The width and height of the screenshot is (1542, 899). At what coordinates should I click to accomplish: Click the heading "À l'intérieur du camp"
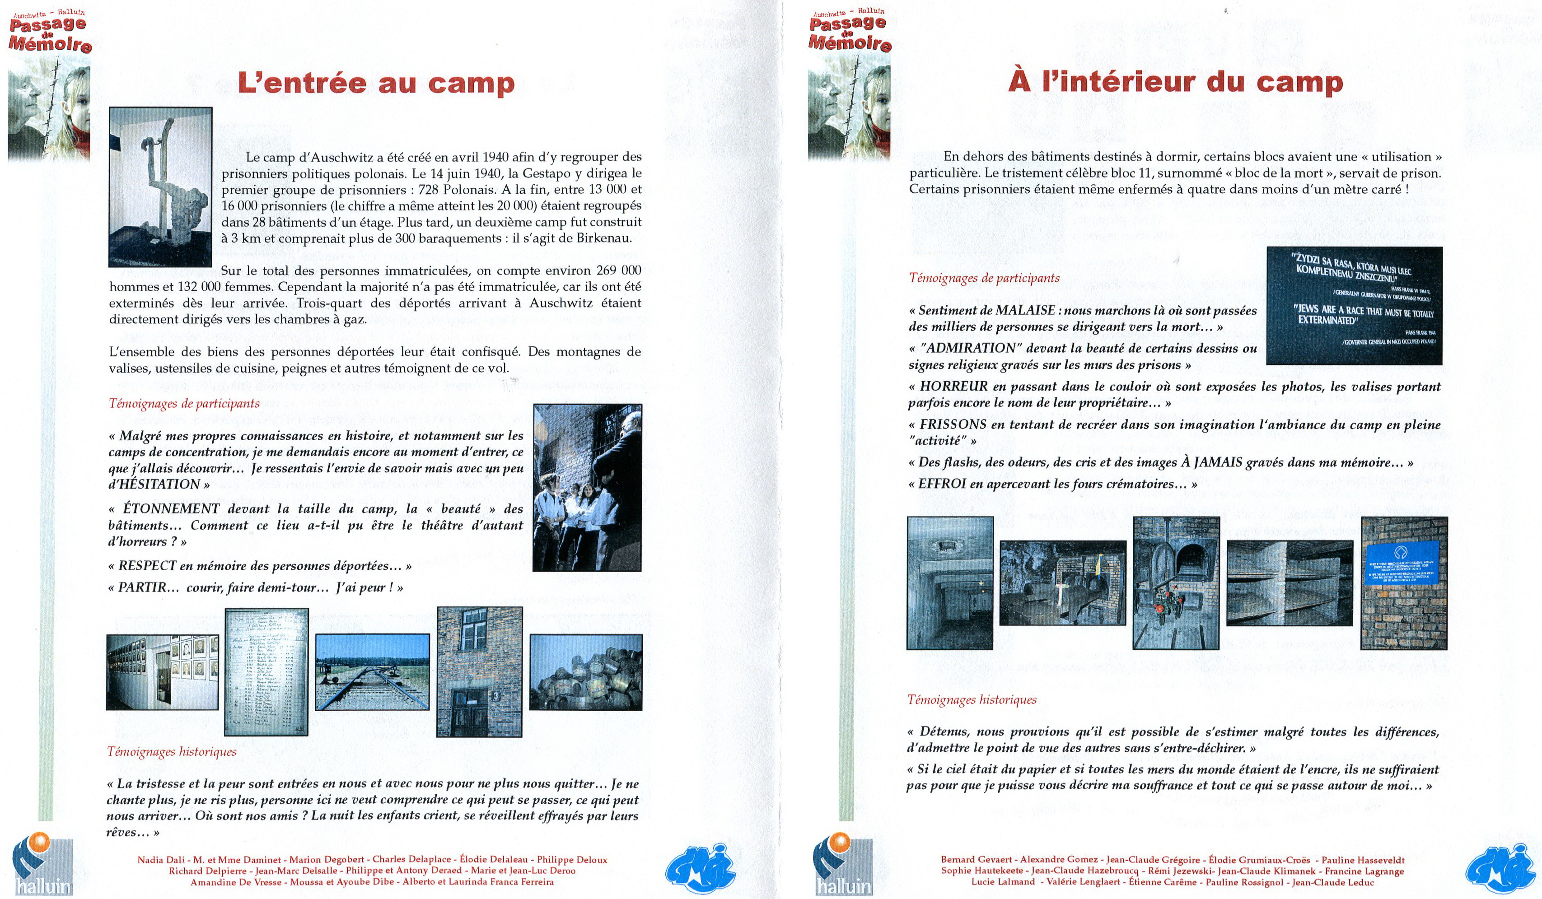click(1175, 82)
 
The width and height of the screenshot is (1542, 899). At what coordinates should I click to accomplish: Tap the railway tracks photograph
click(372, 671)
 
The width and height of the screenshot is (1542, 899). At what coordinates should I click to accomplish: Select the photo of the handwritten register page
click(266, 671)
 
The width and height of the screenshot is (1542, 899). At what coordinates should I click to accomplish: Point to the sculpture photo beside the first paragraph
click(160, 186)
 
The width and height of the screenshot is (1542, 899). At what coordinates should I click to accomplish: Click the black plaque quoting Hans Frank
click(1354, 305)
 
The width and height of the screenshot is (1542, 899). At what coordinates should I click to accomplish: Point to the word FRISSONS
click(952, 424)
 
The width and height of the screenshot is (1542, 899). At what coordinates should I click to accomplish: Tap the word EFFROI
click(942, 484)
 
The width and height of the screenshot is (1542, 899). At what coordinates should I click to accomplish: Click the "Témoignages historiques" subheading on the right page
click(972, 699)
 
